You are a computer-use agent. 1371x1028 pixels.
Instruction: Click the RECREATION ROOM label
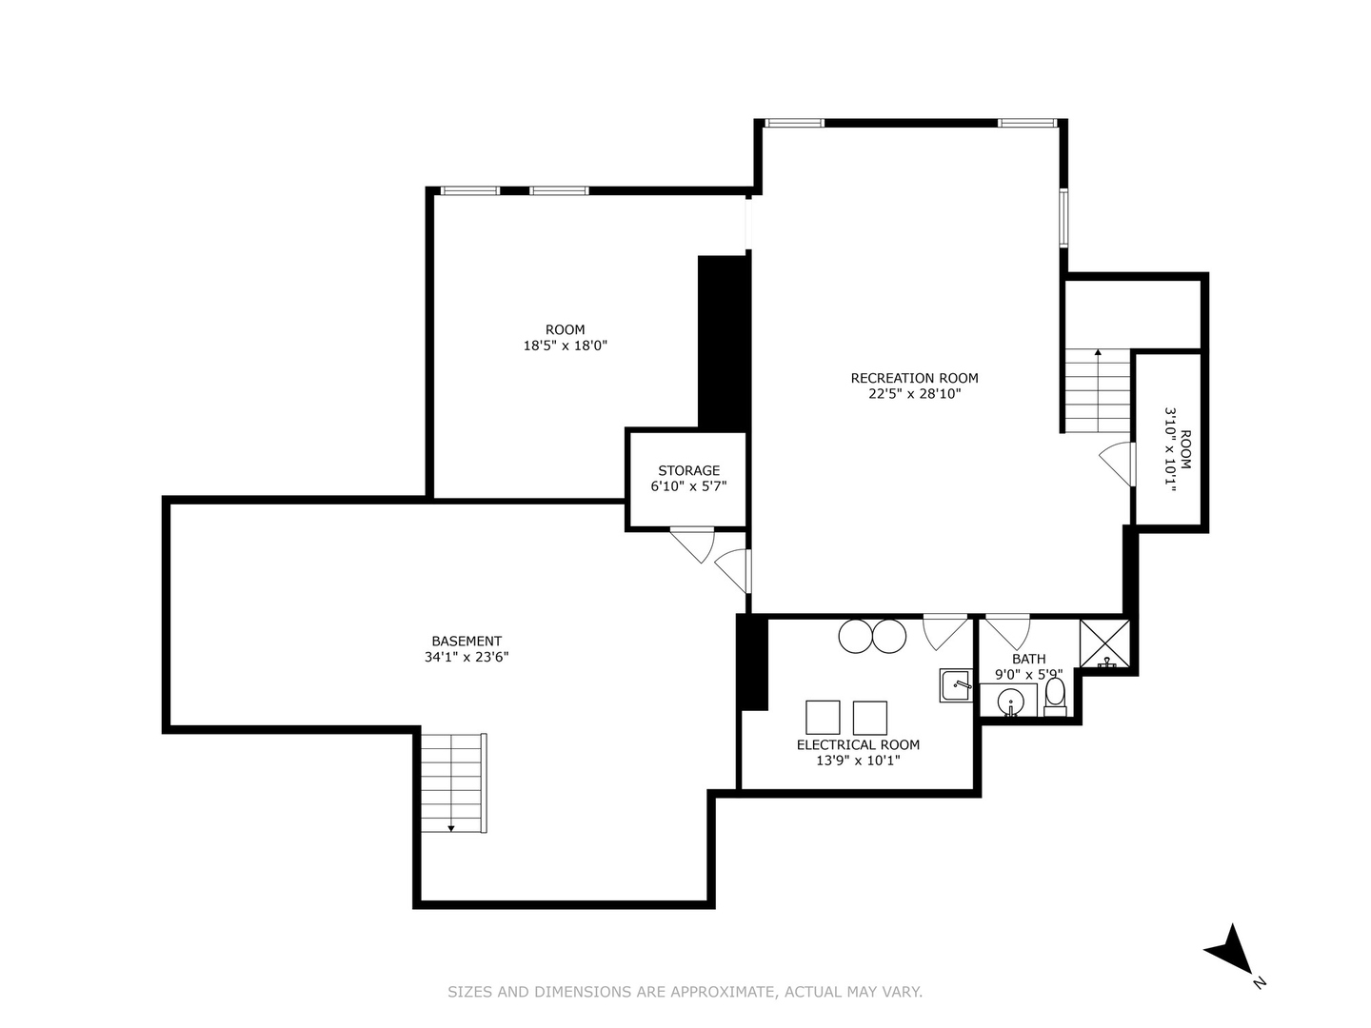coord(914,378)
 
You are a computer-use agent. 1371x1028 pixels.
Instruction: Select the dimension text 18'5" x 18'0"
coord(565,346)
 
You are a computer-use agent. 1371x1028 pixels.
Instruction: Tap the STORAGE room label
coord(688,470)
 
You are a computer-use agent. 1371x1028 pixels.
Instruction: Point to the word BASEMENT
coord(467,642)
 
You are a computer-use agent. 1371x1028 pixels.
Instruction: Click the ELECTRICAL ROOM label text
coord(858,744)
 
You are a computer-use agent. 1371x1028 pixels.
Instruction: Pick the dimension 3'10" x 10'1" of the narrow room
coord(1171,450)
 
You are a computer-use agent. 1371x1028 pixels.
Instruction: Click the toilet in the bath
coord(1054,695)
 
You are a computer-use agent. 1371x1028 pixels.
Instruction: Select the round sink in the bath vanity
coord(1010,702)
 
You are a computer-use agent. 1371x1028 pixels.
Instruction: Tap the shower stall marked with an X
coord(1105,645)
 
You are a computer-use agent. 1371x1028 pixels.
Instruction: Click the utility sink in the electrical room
coord(955,685)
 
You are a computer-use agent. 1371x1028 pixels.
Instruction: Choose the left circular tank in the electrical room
coord(855,637)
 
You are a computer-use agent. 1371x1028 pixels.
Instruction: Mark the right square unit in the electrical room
coord(870,718)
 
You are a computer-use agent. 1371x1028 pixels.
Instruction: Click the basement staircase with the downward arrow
coord(454,782)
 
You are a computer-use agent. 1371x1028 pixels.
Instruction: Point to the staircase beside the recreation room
coord(1097,391)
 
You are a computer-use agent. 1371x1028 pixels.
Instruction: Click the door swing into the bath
coord(1007,632)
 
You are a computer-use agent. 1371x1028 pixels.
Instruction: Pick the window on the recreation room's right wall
coord(1063,218)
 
